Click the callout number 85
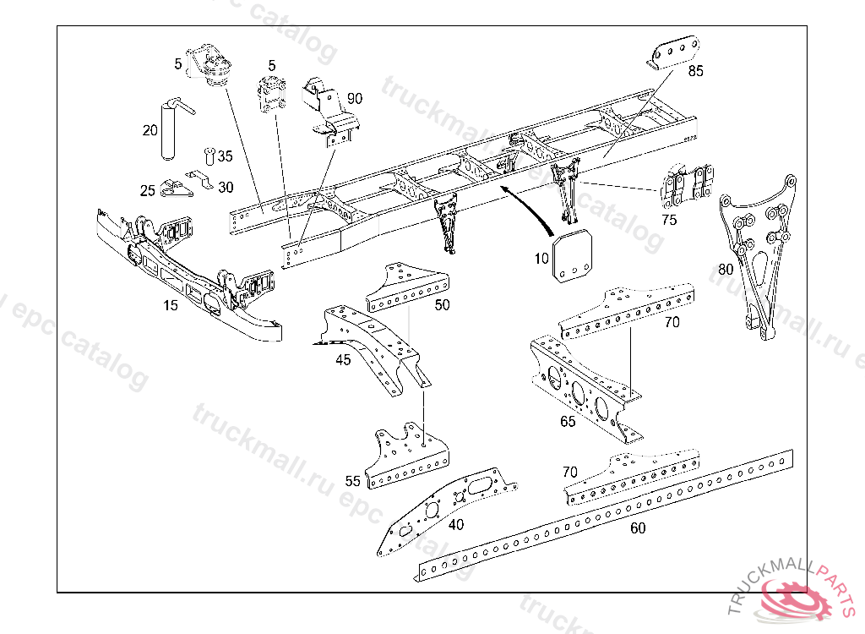695,72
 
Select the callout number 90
354,99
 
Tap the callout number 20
150,130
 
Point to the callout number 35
225,156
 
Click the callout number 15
171,305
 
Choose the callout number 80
725,270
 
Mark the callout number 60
638,528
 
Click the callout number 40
456,525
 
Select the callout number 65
568,421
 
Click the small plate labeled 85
673,52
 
